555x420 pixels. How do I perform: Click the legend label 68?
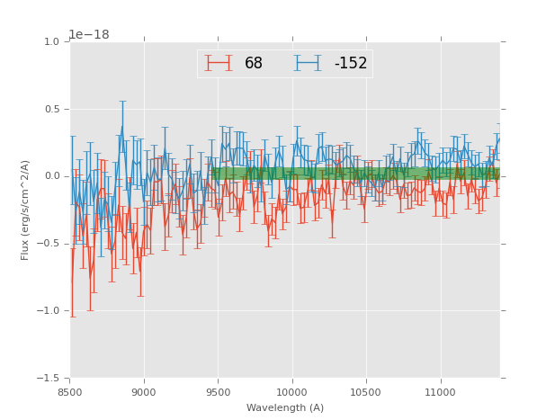click(254, 64)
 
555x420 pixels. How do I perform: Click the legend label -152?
click(350, 64)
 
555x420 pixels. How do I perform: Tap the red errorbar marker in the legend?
click(219, 63)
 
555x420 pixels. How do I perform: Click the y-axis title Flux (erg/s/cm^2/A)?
click(26, 210)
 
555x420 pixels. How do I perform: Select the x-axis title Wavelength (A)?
click(284, 407)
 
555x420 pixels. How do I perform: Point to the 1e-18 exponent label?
click(89, 35)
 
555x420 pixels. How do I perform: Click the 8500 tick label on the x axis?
click(70, 392)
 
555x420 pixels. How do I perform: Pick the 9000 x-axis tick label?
click(144, 392)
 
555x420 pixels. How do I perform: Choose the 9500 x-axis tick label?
click(218, 392)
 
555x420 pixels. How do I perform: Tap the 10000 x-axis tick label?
click(292, 392)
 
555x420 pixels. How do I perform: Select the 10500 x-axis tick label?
click(366, 392)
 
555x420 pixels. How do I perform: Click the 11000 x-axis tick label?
click(440, 392)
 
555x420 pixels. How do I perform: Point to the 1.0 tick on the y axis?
click(52, 42)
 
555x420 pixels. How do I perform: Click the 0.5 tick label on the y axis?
click(52, 110)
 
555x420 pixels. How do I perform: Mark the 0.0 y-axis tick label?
click(52, 176)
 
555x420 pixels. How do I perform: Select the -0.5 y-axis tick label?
click(49, 244)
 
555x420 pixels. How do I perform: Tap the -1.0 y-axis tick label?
click(49, 311)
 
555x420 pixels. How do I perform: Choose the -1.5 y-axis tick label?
click(49, 379)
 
